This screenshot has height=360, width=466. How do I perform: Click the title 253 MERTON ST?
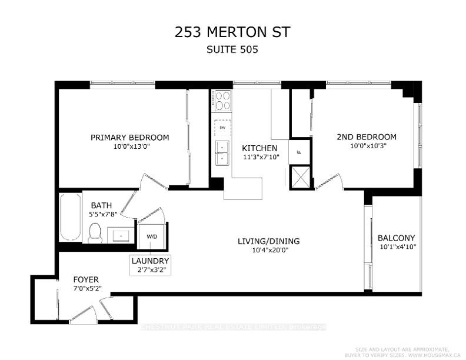pos(232,32)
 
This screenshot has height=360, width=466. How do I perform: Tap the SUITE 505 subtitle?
pos(232,50)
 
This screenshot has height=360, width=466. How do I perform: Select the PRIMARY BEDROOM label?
pos(129,137)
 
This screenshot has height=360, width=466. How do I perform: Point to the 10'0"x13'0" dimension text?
pos(129,147)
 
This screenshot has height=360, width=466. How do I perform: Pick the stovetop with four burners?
pos(222,101)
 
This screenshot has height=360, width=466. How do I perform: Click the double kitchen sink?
pos(222,152)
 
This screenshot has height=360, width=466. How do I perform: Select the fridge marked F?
pos(299,151)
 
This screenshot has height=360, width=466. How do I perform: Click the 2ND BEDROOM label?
pos(367,137)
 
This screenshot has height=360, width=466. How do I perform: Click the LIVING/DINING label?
pos(269,241)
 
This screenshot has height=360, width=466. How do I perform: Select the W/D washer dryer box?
pos(152,236)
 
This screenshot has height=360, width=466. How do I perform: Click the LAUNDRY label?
pos(151,261)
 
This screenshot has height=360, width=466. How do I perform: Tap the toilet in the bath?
pos(94,234)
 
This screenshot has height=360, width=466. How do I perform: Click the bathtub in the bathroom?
pos(69,218)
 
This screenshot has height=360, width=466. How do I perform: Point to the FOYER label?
pos(86,279)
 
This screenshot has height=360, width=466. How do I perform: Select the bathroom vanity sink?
pos(120,235)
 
